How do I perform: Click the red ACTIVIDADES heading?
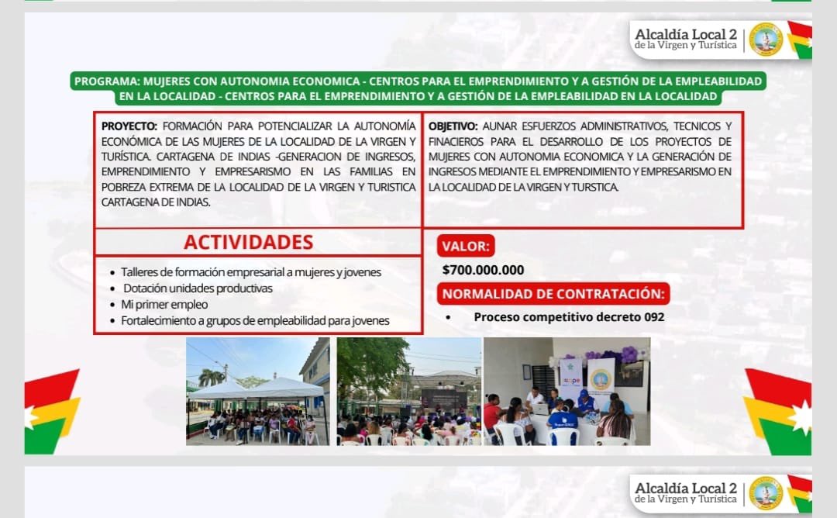tap(248, 242)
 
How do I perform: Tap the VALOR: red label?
tap(466, 246)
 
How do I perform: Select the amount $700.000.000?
tap(483, 270)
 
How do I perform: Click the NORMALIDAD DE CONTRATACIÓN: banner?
tap(553, 294)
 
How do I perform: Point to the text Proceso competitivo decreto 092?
tap(569, 317)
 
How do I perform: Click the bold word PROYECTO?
tap(129, 126)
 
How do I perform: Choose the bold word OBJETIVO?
tap(453, 126)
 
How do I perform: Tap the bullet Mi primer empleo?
tap(164, 305)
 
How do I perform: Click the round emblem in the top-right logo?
tap(766, 40)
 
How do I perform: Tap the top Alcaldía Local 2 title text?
tap(686, 34)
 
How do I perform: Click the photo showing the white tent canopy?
tap(258, 392)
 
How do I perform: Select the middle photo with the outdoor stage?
tap(409, 392)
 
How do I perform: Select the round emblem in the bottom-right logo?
tap(766, 493)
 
